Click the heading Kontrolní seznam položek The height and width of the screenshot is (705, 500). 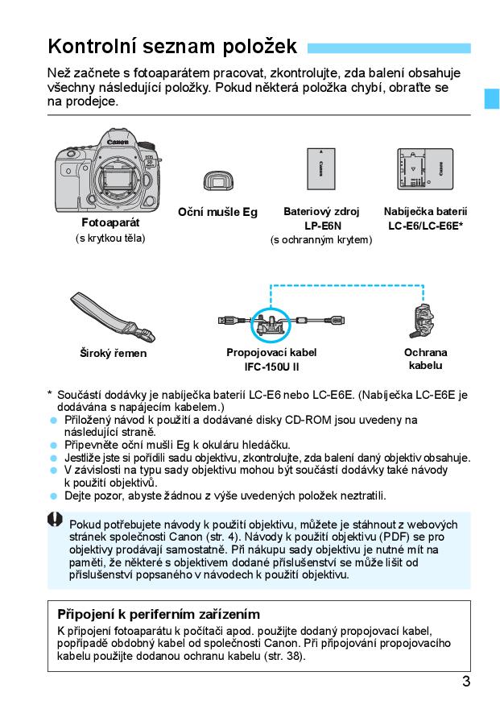pos(172,45)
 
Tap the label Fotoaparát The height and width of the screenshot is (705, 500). pos(110,222)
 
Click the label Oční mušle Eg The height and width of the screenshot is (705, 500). pos(217,212)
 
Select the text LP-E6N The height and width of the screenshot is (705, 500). pos(321,226)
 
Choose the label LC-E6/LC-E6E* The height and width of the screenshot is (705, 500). pos(425,226)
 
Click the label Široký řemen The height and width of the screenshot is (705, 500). pos(113,353)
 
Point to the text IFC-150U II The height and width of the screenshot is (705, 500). pos(271,367)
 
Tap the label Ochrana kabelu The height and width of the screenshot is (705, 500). pos(425,359)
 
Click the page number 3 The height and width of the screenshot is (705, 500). pos(466,682)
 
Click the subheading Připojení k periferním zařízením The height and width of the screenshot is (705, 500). pos(159,614)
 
